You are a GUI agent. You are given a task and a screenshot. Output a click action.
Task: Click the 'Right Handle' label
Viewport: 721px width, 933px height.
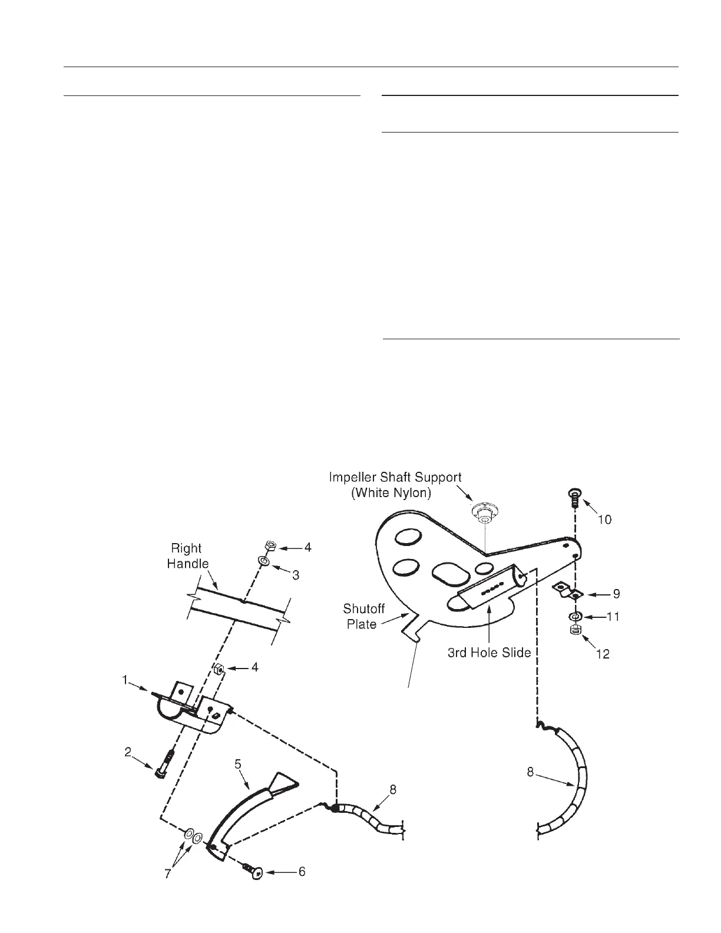(188, 556)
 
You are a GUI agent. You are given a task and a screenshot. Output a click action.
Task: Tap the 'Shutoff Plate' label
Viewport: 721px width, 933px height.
(363, 616)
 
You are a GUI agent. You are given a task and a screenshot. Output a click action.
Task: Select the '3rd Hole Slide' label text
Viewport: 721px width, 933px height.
(490, 652)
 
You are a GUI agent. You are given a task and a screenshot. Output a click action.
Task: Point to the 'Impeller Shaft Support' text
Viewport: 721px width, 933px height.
(395, 477)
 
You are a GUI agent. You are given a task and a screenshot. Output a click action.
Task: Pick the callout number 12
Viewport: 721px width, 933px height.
(603, 653)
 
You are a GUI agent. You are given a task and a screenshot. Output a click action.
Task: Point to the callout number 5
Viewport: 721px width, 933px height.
(238, 764)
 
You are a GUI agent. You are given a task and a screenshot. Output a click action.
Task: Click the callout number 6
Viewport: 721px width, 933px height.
(302, 871)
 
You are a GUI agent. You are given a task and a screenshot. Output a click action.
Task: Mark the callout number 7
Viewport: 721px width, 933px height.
(167, 874)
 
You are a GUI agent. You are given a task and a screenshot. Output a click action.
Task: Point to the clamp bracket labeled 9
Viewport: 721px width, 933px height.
(568, 591)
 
